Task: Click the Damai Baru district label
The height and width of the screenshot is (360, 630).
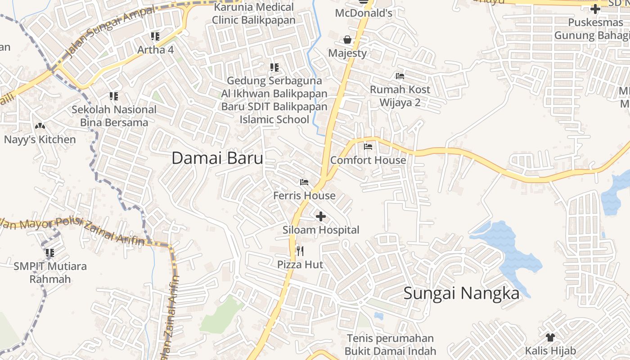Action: coord(217,158)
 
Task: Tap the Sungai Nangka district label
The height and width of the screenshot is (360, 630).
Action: coord(461,293)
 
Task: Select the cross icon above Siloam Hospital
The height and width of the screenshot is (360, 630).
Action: coord(321,217)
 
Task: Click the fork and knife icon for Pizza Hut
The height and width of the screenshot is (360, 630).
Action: coord(300,251)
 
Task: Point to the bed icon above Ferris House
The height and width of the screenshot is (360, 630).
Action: coord(304,182)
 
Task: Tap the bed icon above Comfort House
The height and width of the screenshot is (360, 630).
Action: coord(368,147)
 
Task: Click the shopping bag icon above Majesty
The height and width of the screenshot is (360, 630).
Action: coord(347,40)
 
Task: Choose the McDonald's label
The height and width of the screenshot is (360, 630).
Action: coord(364,13)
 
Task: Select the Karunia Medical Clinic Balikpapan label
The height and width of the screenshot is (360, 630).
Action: coord(254,13)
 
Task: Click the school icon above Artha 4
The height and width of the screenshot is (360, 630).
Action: coord(155,36)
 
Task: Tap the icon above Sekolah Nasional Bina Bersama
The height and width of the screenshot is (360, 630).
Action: coord(114,96)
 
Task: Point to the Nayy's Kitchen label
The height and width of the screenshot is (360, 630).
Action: coord(40,139)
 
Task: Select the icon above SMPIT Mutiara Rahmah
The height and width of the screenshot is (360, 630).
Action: coord(50,253)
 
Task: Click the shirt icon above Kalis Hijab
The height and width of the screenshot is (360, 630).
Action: coord(550,337)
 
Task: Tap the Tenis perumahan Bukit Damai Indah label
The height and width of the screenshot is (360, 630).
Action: coord(391,345)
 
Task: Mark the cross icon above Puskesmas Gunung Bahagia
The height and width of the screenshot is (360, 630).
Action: coord(595,9)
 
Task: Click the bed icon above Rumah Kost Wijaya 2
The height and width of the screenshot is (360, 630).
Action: coord(400,76)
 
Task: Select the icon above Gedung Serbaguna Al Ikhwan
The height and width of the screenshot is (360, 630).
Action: coord(274,67)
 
